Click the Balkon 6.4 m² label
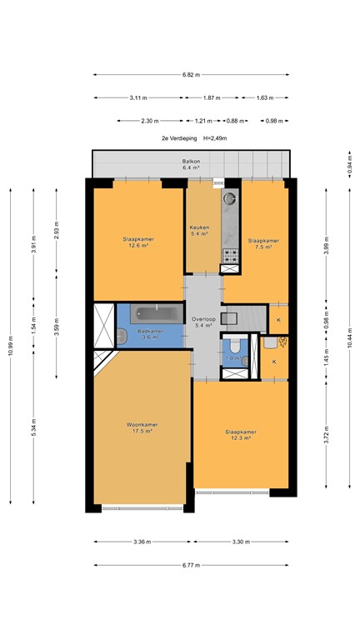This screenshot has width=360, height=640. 192,165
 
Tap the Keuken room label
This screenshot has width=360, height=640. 198,231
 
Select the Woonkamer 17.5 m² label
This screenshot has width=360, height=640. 142,427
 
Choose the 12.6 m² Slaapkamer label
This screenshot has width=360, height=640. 138,242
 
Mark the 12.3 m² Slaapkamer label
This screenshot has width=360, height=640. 240,435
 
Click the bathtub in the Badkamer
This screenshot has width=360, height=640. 158,314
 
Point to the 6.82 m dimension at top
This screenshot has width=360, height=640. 192,75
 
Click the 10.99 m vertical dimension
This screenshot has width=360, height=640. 11,341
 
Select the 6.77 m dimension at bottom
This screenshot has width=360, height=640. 192,565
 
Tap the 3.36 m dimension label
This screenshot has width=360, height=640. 142,542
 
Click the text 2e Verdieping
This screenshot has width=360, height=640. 176,138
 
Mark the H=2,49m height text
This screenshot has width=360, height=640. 214,138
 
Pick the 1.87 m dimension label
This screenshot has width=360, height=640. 212,98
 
